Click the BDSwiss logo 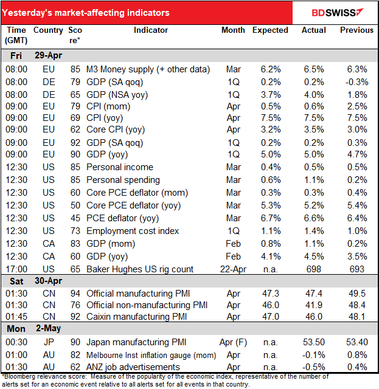tap(336, 12)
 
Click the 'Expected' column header tap(270, 30)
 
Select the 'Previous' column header tap(356, 30)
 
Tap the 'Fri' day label tap(16, 55)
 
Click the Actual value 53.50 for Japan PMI tap(313, 342)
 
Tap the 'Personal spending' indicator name tap(123, 180)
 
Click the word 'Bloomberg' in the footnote tap(21, 377)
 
